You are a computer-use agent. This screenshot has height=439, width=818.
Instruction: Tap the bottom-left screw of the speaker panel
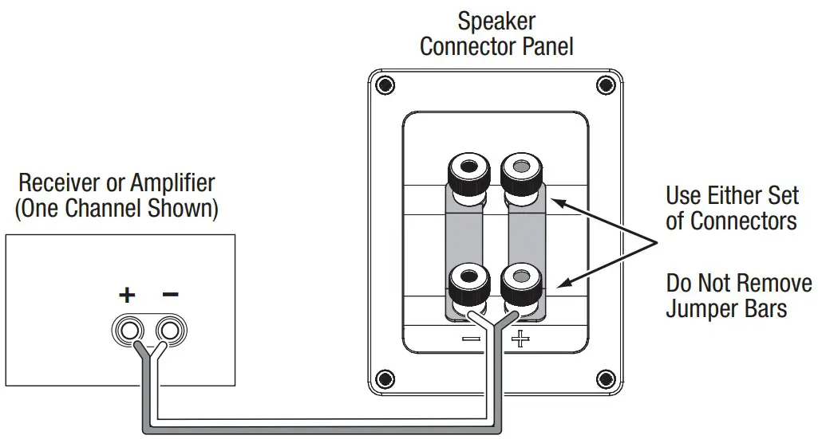coord(385,377)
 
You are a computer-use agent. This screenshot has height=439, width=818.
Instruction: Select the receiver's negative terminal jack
coord(169,330)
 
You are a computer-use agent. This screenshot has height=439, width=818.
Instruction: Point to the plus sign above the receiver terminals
coord(127,295)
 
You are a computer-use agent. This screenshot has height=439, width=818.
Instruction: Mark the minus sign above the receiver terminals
coord(170,293)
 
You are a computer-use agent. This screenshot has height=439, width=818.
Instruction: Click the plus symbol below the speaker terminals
coord(520,339)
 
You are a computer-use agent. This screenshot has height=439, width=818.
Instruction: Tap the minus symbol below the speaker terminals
coord(470,339)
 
